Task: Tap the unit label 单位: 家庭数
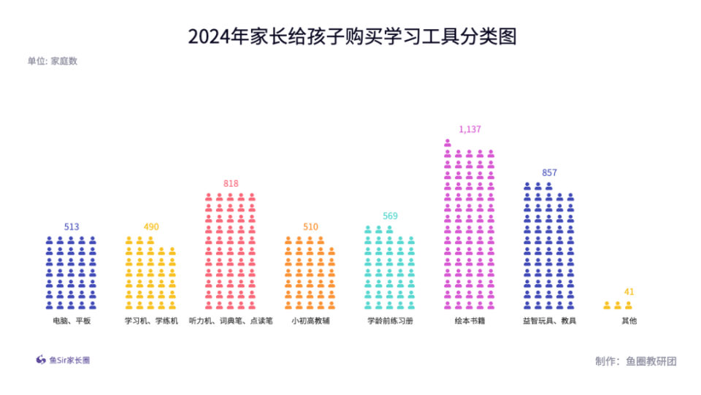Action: tap(53, 61)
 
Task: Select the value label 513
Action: tap(72, 227)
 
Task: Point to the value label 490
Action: tap(151, 227)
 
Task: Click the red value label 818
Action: tap(231, 184)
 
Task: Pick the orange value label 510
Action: tap(310, 227)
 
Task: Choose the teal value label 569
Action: tap(391, 216)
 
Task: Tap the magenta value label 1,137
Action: tap(470, 129)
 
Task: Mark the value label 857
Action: tap(549, 173)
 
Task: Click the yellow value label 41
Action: tap(629, 292)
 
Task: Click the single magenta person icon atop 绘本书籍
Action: tap(448, 143)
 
